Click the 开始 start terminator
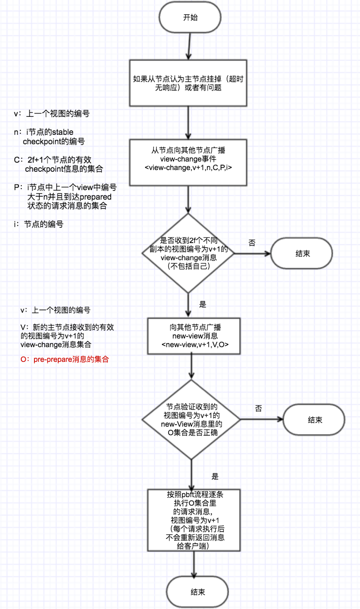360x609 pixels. (190, 18)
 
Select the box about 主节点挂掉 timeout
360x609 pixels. (188, 83)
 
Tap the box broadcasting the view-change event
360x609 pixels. (188, 163)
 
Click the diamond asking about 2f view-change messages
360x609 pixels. (188, 253)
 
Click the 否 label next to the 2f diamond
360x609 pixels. (252, 243)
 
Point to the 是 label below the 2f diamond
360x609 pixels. (203, 304)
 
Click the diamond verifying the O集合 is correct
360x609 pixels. (192, 419)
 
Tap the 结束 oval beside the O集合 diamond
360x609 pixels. (314, 420)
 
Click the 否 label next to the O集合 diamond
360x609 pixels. (259, 408)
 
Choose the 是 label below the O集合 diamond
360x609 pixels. (215, 476)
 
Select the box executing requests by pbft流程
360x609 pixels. (194, 520)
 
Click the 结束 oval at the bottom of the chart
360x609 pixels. (197, 592)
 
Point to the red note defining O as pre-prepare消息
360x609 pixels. (65, 359)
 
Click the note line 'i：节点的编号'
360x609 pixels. (39, 225)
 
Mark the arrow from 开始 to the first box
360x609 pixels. (189, 46)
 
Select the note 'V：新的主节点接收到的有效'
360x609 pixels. (67, 328)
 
